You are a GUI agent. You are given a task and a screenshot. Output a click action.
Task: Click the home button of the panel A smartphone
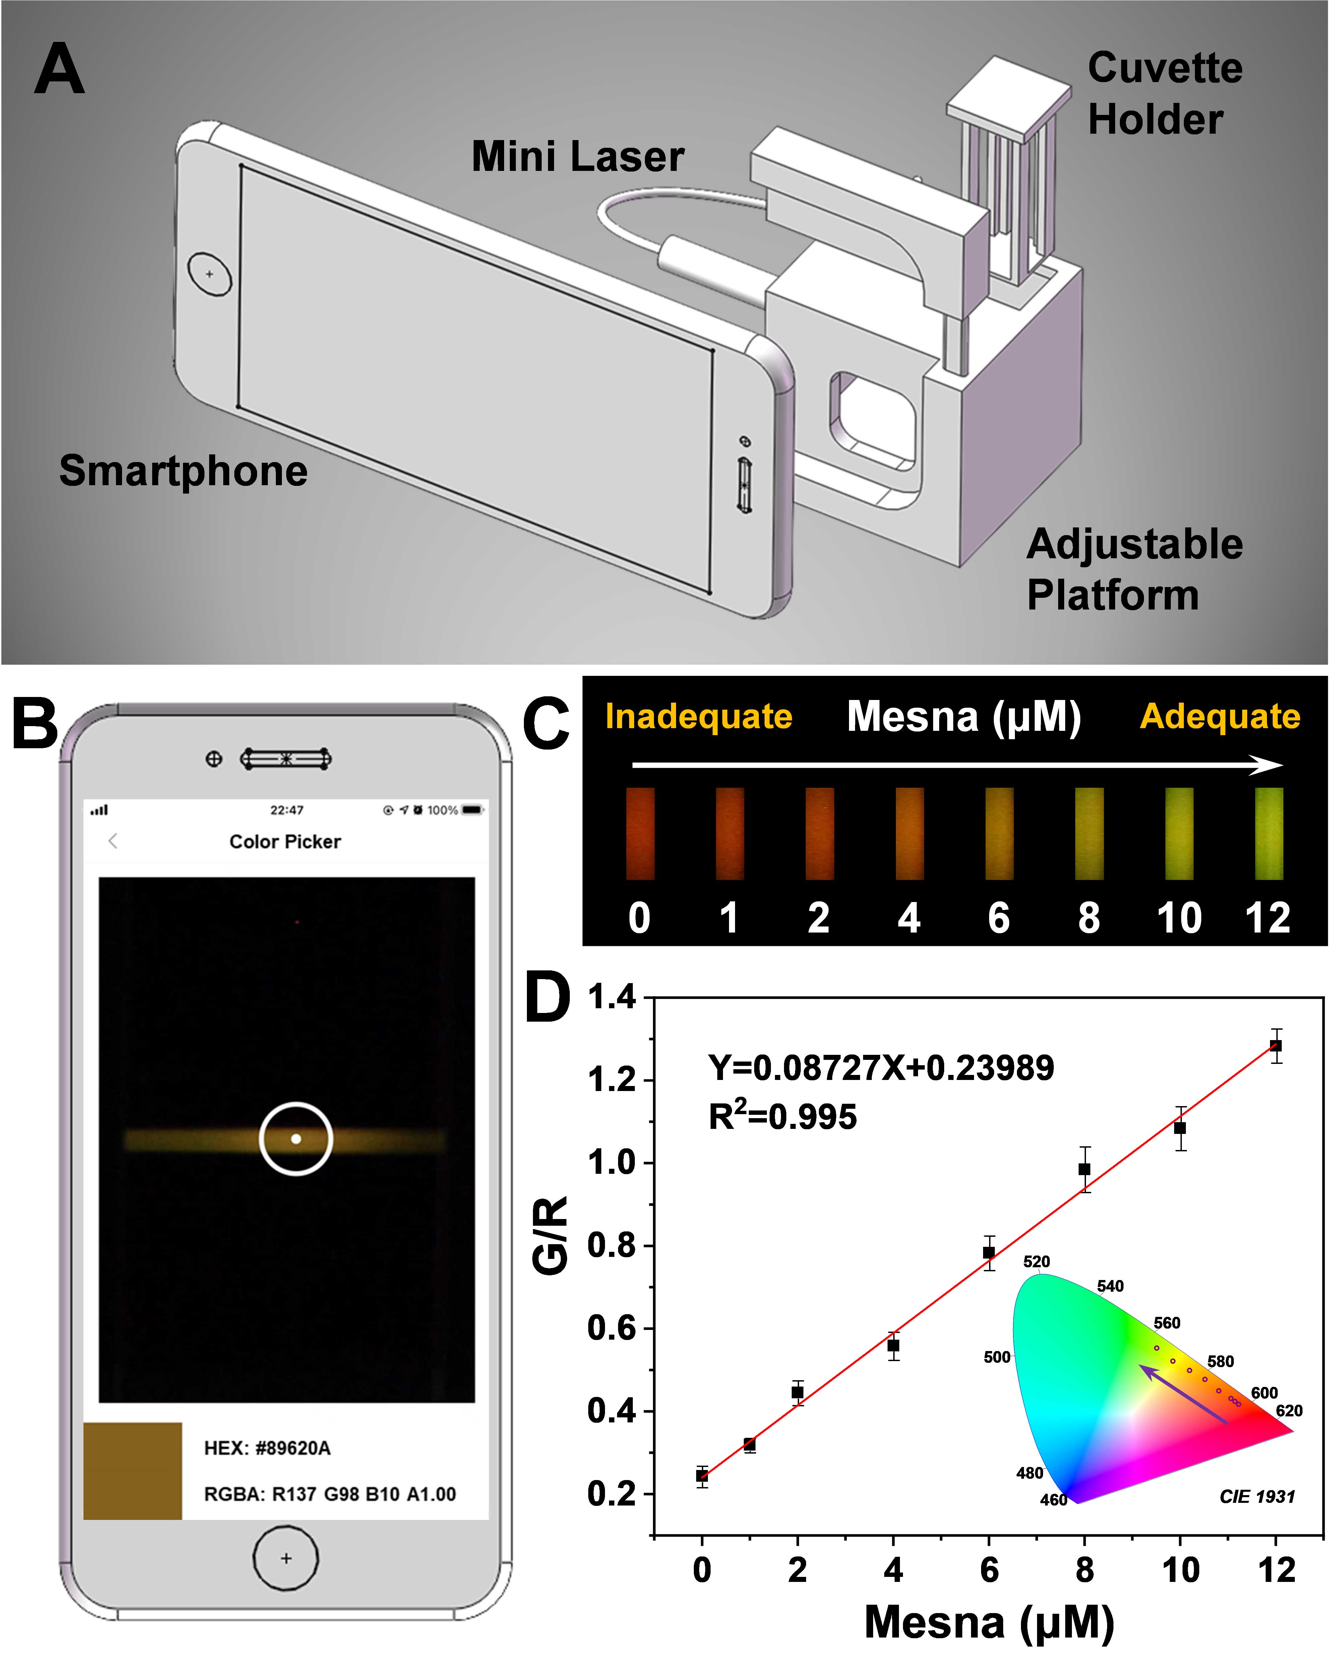click(209, 274)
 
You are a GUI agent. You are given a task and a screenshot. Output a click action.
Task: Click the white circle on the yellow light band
click(296, 1139)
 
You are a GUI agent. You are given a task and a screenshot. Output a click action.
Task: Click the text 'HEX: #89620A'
click(267, 1448)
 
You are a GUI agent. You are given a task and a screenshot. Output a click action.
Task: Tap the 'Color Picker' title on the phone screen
click(285, 841)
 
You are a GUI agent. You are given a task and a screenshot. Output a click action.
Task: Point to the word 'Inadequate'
click(699, 717)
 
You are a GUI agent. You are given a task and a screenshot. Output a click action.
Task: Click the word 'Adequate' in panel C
click(1219, 717)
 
